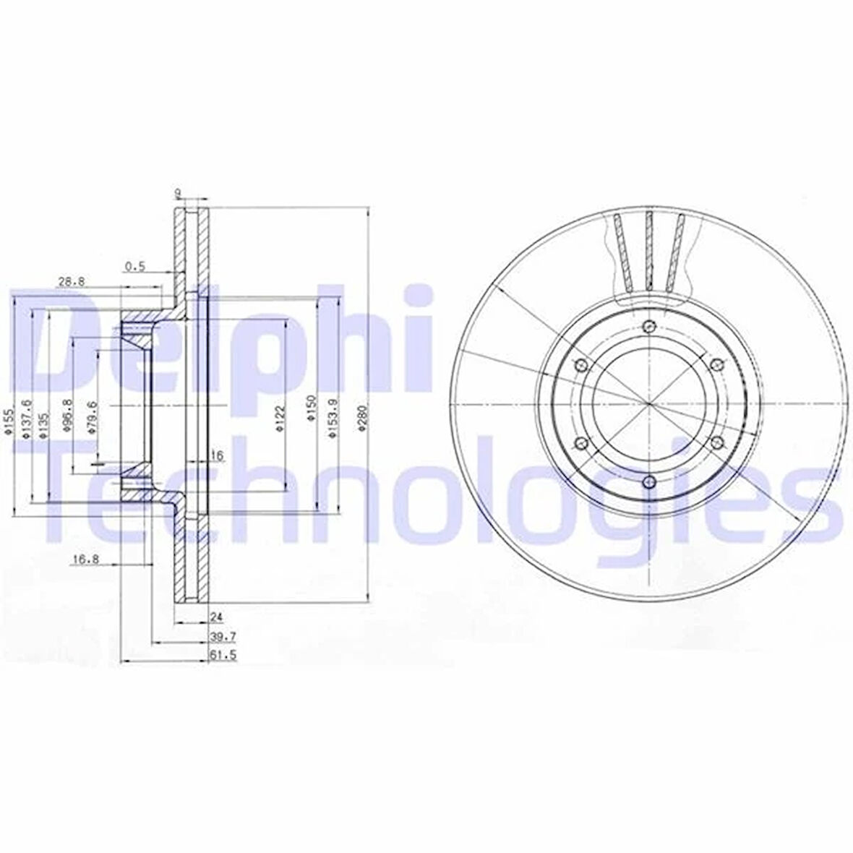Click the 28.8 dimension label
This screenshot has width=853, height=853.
pos(69,283)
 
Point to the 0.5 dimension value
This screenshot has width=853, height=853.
pos(134,266)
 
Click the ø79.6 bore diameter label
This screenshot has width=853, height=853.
pos(91,417)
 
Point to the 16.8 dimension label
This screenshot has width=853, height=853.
pos(84,558)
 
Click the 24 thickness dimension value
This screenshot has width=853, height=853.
pos(215,617)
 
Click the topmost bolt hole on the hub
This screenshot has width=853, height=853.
pos(648,326)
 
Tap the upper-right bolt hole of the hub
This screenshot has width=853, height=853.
pos(715,364)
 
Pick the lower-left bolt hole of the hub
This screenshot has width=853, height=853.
pos(580,442)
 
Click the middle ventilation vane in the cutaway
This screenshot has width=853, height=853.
pos(648,249)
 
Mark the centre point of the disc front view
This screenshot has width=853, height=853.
pos(648,403)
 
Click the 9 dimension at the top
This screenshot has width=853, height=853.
pos(178,192)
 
